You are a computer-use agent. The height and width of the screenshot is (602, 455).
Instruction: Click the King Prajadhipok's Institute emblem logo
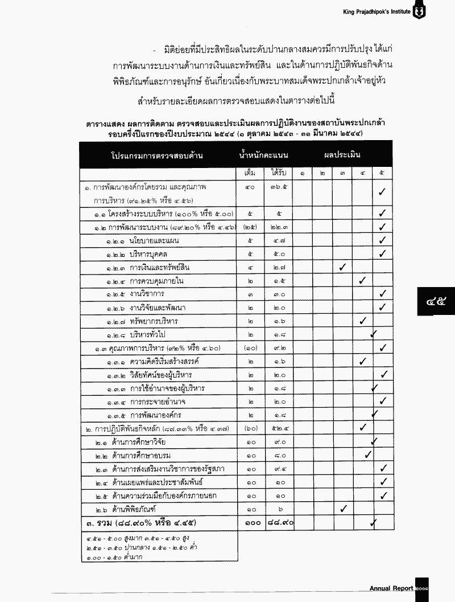[419, 11]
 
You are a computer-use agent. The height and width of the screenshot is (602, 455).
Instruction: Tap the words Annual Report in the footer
[391, 588]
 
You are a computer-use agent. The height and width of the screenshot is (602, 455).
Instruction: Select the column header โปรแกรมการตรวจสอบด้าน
[158, 155]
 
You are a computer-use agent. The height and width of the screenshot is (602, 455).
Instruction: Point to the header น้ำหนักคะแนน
[264, 154]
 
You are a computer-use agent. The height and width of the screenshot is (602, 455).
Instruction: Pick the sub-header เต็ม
[250, 173]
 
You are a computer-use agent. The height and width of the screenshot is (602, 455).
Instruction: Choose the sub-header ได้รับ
[279, 173]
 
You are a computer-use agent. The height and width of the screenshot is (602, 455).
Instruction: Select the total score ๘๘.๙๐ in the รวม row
[279, 522]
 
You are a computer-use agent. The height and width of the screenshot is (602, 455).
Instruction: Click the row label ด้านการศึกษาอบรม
[142, 455]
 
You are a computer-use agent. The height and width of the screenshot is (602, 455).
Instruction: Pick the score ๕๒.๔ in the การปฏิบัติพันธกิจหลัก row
[279, 428]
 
